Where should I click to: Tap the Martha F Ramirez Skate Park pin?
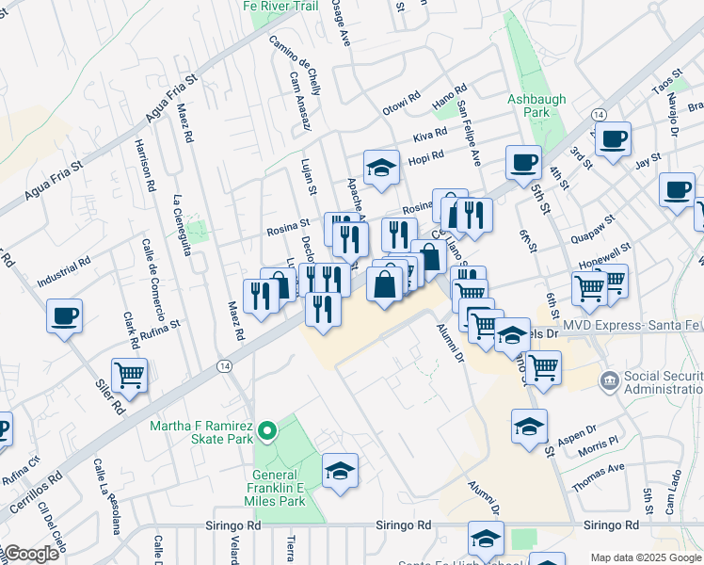pyautogui.click(x=268, y=432)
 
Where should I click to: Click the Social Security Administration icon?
pyautogui.click(x=610, y=379)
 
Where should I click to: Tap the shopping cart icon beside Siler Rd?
pyautogui.click(x=129, y=375)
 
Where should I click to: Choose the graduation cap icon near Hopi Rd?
pyautogui.click(x=381, y=168)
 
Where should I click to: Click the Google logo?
pyautogui.click(x=30, y=554)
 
